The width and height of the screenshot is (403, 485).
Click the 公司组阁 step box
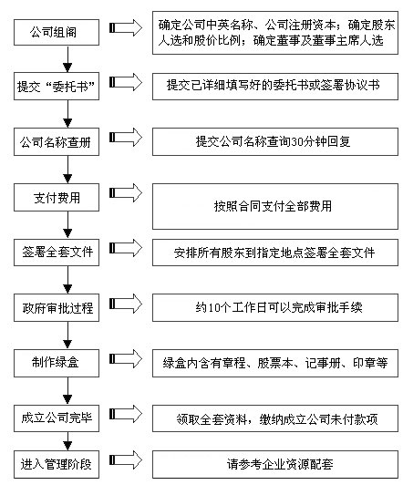tap(57, 32)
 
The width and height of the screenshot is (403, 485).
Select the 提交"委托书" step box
tap(57, 87)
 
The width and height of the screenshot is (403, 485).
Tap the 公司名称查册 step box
tap(57, 141)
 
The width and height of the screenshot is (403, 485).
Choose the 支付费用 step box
tap(57, 197)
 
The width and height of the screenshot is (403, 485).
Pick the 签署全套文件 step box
tap(57, 253)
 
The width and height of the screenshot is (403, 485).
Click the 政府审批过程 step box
tap(57, 307)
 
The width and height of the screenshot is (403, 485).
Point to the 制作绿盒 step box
tap(57, 363)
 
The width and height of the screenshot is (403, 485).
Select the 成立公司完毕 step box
tap(57, 418)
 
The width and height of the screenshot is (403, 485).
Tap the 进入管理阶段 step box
tap(57, 464)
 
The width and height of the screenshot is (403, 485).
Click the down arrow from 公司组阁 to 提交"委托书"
tap(67, 59)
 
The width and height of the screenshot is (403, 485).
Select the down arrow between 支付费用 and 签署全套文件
tap(67, 225)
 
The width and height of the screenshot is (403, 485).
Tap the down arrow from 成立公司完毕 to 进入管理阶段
tap(67, 441)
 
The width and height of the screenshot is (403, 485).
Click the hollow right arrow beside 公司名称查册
tap(126, 137)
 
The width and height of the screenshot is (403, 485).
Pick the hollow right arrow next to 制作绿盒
tap(126, 358)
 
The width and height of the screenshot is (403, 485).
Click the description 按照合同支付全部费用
tap(273, 206)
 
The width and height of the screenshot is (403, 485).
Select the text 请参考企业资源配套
tap(280, 464)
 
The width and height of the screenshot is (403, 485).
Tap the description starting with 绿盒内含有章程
tap(275, 363)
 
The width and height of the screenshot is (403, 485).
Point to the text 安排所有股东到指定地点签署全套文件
tap(274, 253)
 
